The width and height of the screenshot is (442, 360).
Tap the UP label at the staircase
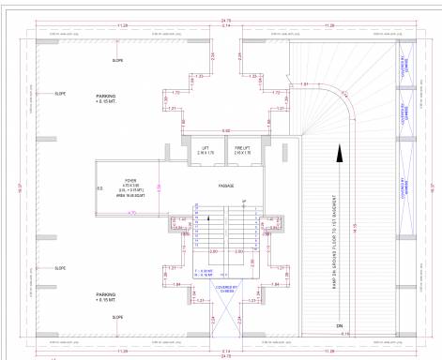pos(244,202)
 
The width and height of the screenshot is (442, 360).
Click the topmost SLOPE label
pos(117,60)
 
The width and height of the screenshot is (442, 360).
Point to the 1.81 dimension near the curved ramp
pos(304,85)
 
